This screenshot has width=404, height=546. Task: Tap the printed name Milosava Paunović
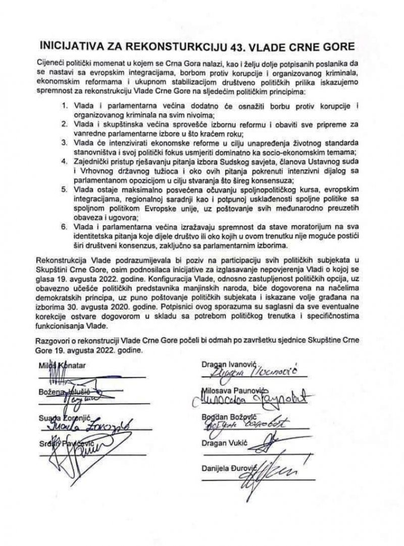(x=234, y=391)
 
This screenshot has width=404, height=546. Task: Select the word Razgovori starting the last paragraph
(x=57, y=338)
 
